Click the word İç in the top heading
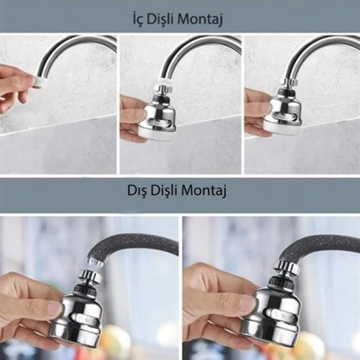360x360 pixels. tap(138, 20)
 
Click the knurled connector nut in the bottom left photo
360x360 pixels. tap(91, 276)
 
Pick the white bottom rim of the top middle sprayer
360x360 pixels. tap(159, 136)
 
